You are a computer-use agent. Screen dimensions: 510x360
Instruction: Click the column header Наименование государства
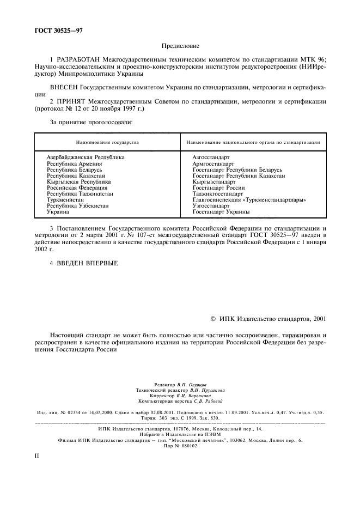(x=107, y=142)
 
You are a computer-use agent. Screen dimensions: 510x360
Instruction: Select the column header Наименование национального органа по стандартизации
(x=253, y=142)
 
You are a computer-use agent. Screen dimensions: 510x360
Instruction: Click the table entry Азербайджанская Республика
(x=86, y=157)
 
